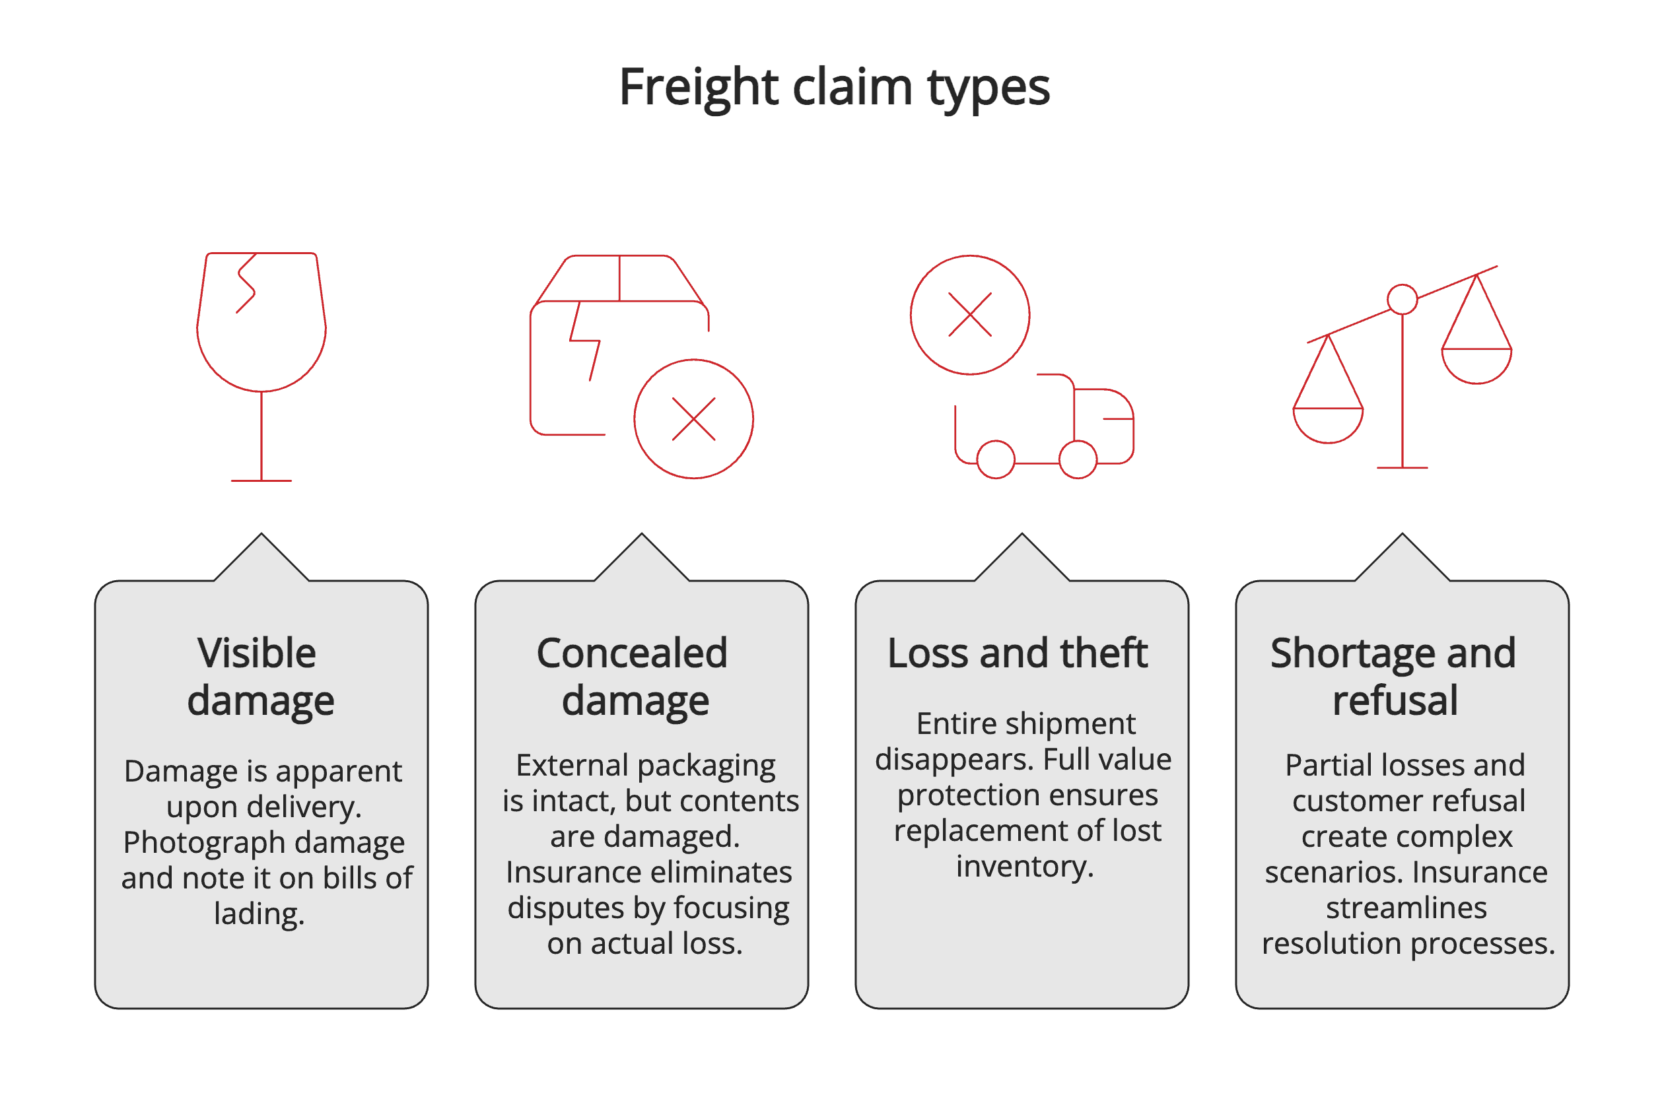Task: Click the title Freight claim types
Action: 833,87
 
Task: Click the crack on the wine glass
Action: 246,284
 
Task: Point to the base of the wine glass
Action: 261,481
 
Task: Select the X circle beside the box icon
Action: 693,419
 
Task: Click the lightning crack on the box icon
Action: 584,341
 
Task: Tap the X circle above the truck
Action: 969,315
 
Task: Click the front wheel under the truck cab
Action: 1078,460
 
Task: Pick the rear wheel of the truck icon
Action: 995,460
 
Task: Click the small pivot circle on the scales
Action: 1402,299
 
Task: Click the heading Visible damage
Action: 260,677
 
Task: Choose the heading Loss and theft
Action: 1017,653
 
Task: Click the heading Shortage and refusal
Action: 1393,677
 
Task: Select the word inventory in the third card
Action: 1024,867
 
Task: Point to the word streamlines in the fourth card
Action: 1406,908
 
